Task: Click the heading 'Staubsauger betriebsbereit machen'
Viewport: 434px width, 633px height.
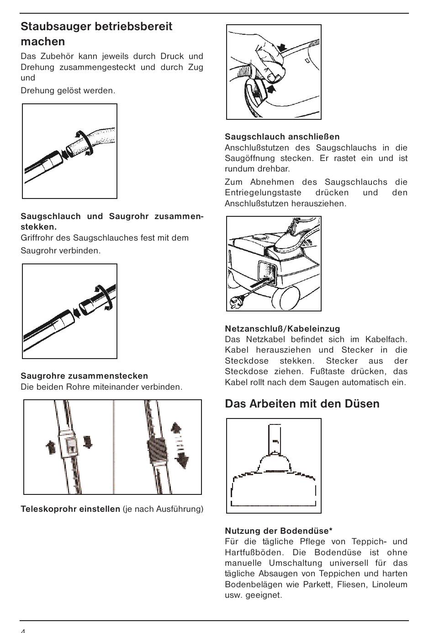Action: click(x=96, y=34)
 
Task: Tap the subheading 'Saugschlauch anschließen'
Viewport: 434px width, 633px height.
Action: click(x=282, y=136)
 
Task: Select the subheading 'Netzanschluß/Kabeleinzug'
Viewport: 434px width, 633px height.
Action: click(x=282, y=328)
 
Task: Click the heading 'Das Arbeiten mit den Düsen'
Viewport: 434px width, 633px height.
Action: click(x=302, y=403)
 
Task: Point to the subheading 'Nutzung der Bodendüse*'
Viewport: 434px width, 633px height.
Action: click(x=279, y=531)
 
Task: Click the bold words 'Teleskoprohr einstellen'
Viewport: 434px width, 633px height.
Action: click(x=70, y=509)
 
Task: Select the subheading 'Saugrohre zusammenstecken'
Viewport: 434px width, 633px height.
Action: click(x=85, y=376)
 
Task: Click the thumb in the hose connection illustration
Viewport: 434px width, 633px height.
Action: click(x=273, y=74)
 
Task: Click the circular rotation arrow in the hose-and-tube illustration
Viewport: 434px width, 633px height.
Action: click(x=85, y=143)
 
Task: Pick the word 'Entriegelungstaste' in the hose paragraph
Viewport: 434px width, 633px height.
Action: click(x=263, y=193)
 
